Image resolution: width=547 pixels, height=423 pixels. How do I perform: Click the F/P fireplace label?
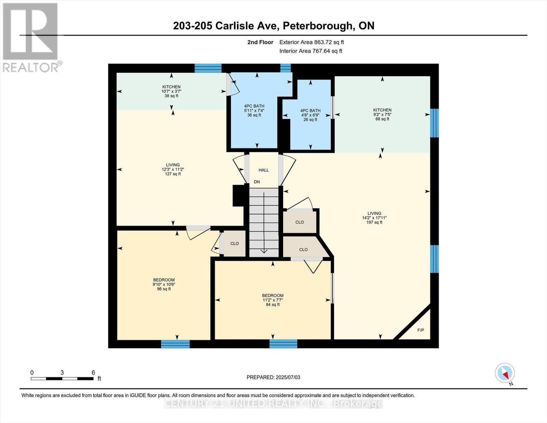(421, 330)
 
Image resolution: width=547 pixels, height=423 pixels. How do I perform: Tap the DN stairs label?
(257, 182)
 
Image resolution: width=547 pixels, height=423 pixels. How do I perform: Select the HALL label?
(263, 170)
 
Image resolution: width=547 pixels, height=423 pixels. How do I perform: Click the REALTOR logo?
(31, 37)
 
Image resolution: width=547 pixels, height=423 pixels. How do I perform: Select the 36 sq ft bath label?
(254, 110)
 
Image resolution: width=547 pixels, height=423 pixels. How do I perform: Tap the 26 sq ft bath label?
(310, 115)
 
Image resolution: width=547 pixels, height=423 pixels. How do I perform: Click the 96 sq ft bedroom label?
(164, 284)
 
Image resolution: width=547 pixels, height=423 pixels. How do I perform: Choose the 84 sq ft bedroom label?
(273, 300)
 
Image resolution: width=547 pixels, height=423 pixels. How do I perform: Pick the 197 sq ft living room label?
(374, 218)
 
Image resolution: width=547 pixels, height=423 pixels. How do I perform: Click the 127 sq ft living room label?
(173, 169)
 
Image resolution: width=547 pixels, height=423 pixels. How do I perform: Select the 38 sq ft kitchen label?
(171, 91)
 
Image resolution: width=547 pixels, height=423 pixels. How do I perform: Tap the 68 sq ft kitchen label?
(382, 115)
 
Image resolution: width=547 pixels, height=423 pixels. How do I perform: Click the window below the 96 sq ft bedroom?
(175, 344)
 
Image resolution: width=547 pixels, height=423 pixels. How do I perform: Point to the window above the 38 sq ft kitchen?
(208, 68)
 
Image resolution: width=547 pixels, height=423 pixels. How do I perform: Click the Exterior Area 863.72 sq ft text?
(311, 42)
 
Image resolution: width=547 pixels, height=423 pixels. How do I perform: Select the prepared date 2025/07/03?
(273, 377)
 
